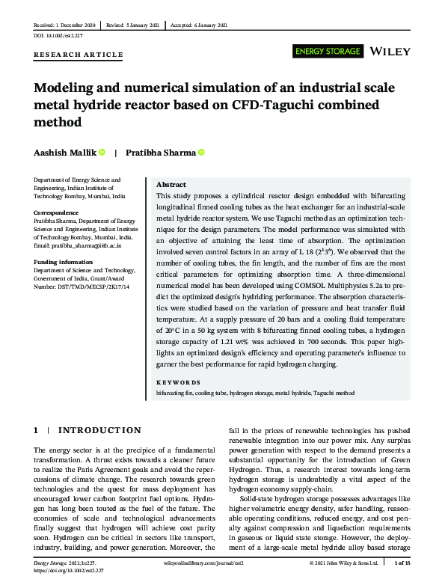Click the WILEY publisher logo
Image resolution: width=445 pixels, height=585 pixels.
coord(390,52)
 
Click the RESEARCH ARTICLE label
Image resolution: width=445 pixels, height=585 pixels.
coord(79,55)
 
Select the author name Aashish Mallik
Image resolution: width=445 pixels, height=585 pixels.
coord(64,153)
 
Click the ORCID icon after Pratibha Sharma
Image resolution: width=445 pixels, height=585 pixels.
coord(200,153)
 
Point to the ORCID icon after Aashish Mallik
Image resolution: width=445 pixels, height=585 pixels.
coord(102,153)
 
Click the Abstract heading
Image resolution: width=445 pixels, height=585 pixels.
coord(171,185)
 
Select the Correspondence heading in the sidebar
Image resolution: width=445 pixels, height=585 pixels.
coord(58,213)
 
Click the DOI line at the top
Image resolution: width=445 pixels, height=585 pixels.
coord(58,35)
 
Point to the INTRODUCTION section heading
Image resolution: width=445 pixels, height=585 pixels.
coord(99,430)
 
